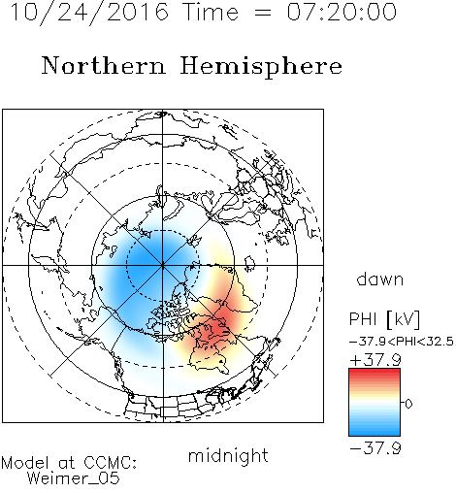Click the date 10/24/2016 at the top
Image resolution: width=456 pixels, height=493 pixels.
(x=89, y=13)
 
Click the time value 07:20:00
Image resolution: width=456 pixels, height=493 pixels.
(x=342, y=12)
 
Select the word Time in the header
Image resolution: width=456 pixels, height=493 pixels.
(x=211, y=12)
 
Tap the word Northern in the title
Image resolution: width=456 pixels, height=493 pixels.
(x=104, y=65)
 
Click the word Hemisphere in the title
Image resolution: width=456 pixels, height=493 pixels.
(x=261, y=67)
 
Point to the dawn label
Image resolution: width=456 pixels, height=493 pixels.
(x=380, y=279)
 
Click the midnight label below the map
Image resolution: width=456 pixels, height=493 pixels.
(x=228, y=456)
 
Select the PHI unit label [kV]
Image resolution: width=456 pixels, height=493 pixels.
(x=403, y=319)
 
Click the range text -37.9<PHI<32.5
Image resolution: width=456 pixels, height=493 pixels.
(x=402, y=342)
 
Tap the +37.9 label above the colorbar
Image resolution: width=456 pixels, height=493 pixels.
(x=375, y=360)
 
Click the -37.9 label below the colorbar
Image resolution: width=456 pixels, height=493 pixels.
(x=375, y=448)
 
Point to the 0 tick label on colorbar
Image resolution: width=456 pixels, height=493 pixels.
(x=408, y=404)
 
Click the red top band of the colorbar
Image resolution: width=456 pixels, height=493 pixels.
(x=375, y=373)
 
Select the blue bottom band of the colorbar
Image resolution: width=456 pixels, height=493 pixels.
(x=375, y=432)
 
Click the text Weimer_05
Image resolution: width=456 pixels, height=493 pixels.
(x=74, y=478)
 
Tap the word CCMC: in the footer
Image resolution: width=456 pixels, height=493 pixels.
(x=111, y=463)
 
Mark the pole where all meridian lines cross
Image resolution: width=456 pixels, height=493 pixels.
(x=163, y=265)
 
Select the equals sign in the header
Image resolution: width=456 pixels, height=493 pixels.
(x=262, y=13)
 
